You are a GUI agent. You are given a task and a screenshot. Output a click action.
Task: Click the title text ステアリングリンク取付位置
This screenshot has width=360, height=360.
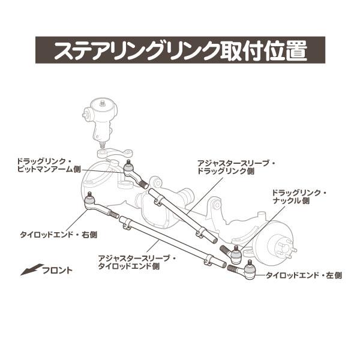coord(180,52)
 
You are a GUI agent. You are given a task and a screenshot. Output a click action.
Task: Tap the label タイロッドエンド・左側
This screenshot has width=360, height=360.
coord(304,275)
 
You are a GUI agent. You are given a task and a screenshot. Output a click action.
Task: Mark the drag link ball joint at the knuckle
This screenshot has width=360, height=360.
coord(236,255)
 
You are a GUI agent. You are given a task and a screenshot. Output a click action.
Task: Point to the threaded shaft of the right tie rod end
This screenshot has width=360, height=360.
coord(108,212)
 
